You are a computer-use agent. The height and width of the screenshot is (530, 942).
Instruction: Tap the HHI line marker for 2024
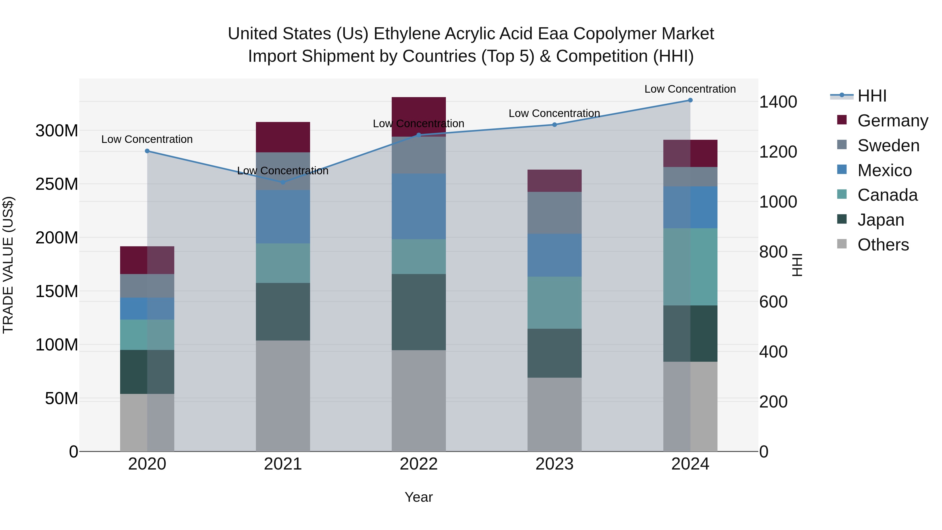click(690, 100)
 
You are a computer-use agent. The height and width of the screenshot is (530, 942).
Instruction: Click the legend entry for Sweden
click(888, 146)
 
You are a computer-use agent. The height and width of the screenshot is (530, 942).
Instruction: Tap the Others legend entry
click(883, 245)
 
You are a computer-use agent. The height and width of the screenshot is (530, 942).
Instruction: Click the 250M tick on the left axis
click(57, 184)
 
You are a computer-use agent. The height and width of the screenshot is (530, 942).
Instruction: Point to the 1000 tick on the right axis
click(778, 202)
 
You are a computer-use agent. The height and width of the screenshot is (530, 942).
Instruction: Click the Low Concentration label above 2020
click(147, 139)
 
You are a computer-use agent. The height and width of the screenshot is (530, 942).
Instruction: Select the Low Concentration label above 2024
click(690, 89)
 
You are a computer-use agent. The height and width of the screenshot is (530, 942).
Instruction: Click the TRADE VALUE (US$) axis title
click(8, 265)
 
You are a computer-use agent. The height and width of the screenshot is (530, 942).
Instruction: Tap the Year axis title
click(418, 497)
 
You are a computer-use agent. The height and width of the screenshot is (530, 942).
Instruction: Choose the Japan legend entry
click(880, 220)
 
